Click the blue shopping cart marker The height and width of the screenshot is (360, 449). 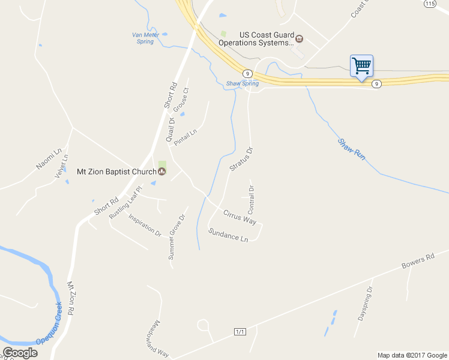pos(361,66)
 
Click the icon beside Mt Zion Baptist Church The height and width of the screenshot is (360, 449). pos(161,171)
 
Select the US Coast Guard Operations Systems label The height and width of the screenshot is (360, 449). pos(256,38)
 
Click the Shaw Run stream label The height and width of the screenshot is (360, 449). pos(351,149)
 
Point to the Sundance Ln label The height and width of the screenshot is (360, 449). pos(228,235)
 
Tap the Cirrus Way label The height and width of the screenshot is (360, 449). pos(240,217)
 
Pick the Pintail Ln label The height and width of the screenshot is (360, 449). pos(185,137)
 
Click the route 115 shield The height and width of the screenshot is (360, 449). pos(429,4)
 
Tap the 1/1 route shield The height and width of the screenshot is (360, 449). pos(240,332)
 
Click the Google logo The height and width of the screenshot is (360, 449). pos(20,353)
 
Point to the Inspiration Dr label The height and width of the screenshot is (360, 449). pos(145,224)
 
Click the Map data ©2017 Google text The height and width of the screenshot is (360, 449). pos(412,355)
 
